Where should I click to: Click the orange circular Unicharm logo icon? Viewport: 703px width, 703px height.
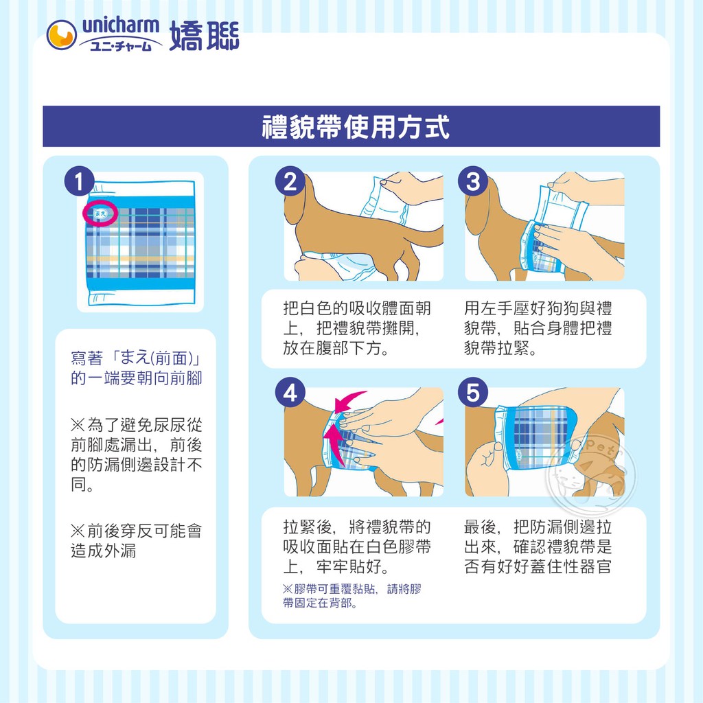pyautogui.click(x=61, y=35)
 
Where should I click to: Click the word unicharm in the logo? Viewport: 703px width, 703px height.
pyautogui.click(x=121, y=25)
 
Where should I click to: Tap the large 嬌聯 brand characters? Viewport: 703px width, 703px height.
pyautogui.click(x=205, y=36)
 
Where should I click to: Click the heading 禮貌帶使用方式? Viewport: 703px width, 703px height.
pyautogui.click(x=356, y=127)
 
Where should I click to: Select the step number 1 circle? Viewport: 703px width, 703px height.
pyautogui.click(x=80, y=181)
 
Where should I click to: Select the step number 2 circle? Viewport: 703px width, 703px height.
pyautogui.click(x=290, y=181)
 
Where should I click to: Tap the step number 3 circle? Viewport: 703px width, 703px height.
pyautogui.click(x=472, y=181)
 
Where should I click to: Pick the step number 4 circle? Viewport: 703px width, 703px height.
pyautogui.click(x=290, y=392)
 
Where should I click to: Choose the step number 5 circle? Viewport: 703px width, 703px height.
pyautogui.click(x=472, y=392)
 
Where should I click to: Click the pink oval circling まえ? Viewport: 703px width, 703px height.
pyautogui.click(x=100, y=214)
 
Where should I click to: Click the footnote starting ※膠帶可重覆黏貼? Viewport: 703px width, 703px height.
pyautogui.click(x=352, y=596)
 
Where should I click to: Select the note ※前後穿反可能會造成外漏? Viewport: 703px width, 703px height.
pyautogui.click(x=137, y=540)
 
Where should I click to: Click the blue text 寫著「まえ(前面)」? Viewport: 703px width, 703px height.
pyautogui.click(x=137, y=358)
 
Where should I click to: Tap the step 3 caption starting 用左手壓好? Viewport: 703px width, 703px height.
pyautogui.click(x=538, y=328)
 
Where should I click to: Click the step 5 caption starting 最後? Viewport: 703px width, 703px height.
pyautogui.click(x=538, y=546)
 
